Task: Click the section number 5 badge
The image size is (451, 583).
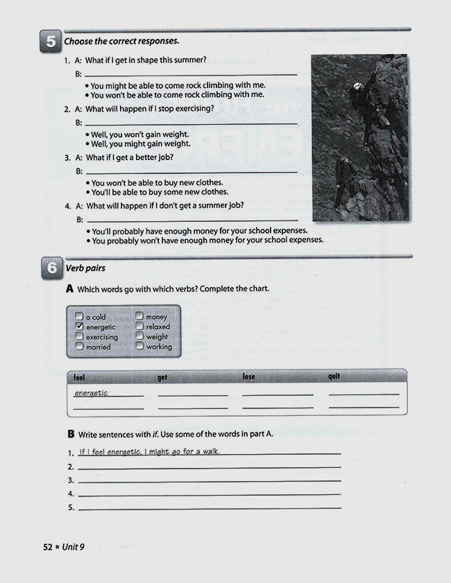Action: (51, 42)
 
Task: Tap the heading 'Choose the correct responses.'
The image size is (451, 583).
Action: (121, 42)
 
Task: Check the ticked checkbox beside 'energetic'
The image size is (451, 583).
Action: (79, 327)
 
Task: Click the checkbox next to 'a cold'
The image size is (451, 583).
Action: (79, 317)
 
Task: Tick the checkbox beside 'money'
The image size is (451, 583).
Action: (139, 317)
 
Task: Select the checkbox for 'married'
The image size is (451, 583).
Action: (79, 347)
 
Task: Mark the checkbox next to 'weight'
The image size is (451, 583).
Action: (139, 336)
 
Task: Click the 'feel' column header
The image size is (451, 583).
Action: (79, 378)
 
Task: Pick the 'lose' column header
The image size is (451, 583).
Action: (248, 376)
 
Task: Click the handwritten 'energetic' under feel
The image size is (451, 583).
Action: (91, 393)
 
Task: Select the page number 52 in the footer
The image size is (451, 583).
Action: (48, 546)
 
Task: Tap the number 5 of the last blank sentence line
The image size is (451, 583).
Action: (71, 508)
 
